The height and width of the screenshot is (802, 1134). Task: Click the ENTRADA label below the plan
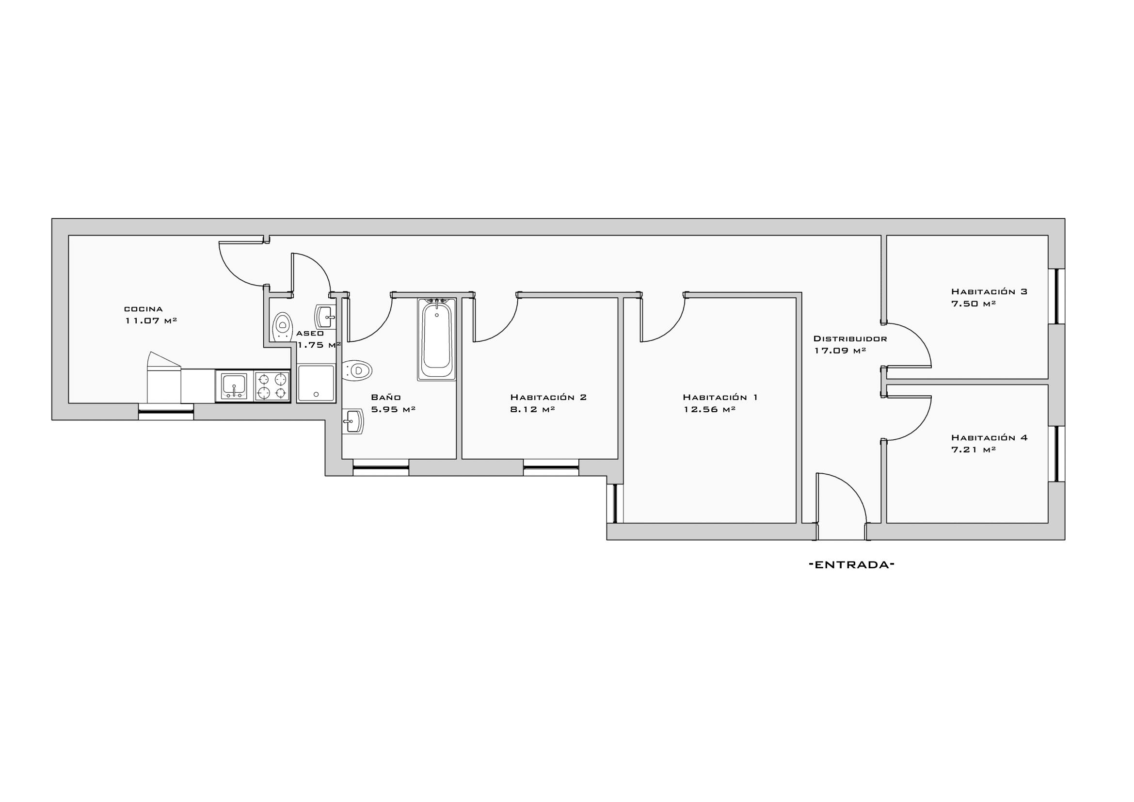852,565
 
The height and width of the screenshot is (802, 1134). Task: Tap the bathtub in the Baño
437,339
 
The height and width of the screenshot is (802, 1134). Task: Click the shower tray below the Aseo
316,383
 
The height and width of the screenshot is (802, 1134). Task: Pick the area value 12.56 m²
710,409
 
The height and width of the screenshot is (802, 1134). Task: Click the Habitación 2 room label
548,397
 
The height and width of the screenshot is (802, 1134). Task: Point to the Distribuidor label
850,339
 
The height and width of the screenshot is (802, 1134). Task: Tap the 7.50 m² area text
973,304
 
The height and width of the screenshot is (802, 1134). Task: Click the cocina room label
143,309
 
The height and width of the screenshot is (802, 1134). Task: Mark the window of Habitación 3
1057,296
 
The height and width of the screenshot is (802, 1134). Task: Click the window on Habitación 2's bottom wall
551,467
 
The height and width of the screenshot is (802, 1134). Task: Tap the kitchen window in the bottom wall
166,412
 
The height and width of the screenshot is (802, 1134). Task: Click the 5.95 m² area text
393,409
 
